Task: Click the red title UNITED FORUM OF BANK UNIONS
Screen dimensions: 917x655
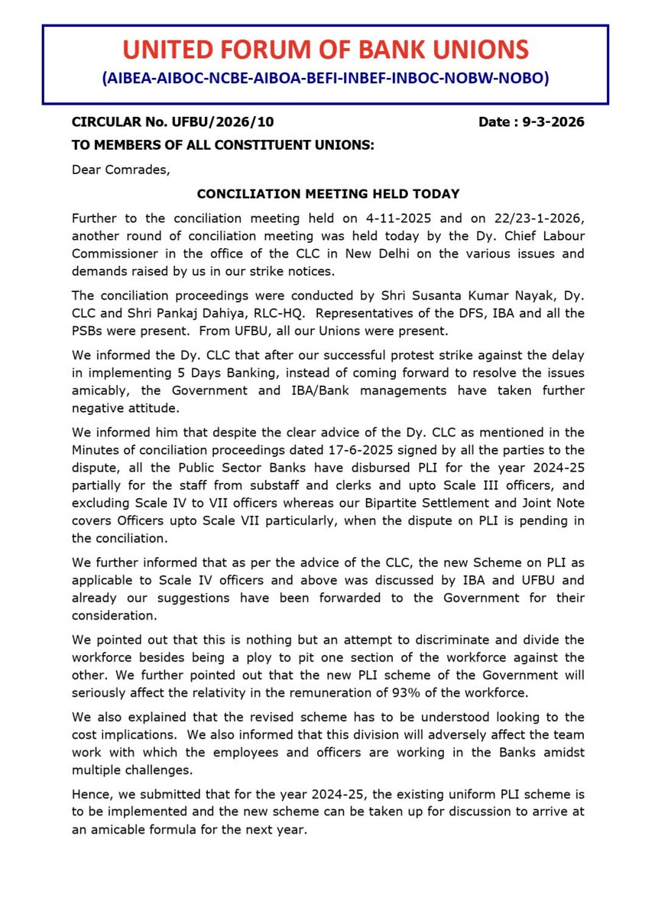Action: point(326,50)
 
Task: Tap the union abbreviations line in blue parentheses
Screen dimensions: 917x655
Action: point(326,79)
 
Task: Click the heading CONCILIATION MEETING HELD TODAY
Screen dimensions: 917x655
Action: point(328,193)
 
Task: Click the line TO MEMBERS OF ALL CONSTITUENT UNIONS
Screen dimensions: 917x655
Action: point(222,144)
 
